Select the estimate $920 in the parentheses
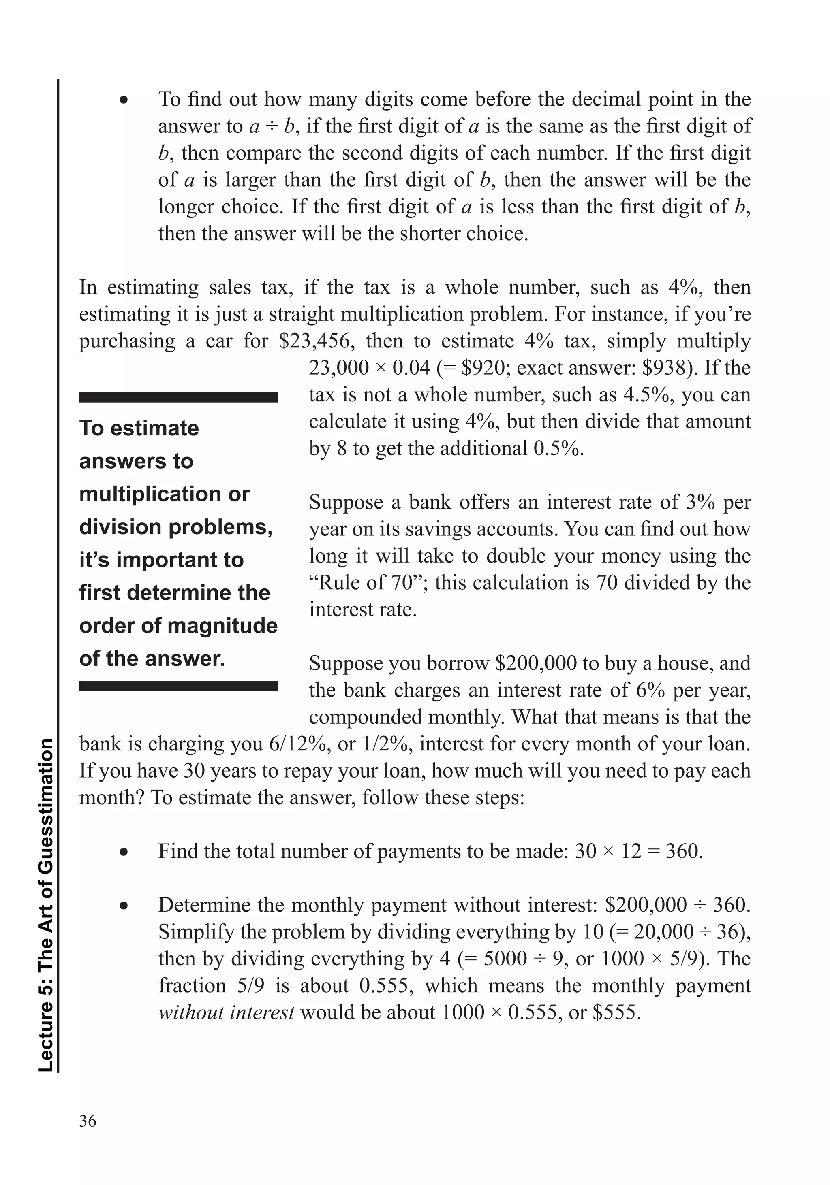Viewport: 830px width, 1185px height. [x=483, y=368]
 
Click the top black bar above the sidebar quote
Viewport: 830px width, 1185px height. [x=178, y=397]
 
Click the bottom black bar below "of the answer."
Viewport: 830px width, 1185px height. [x=178, y=686]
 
